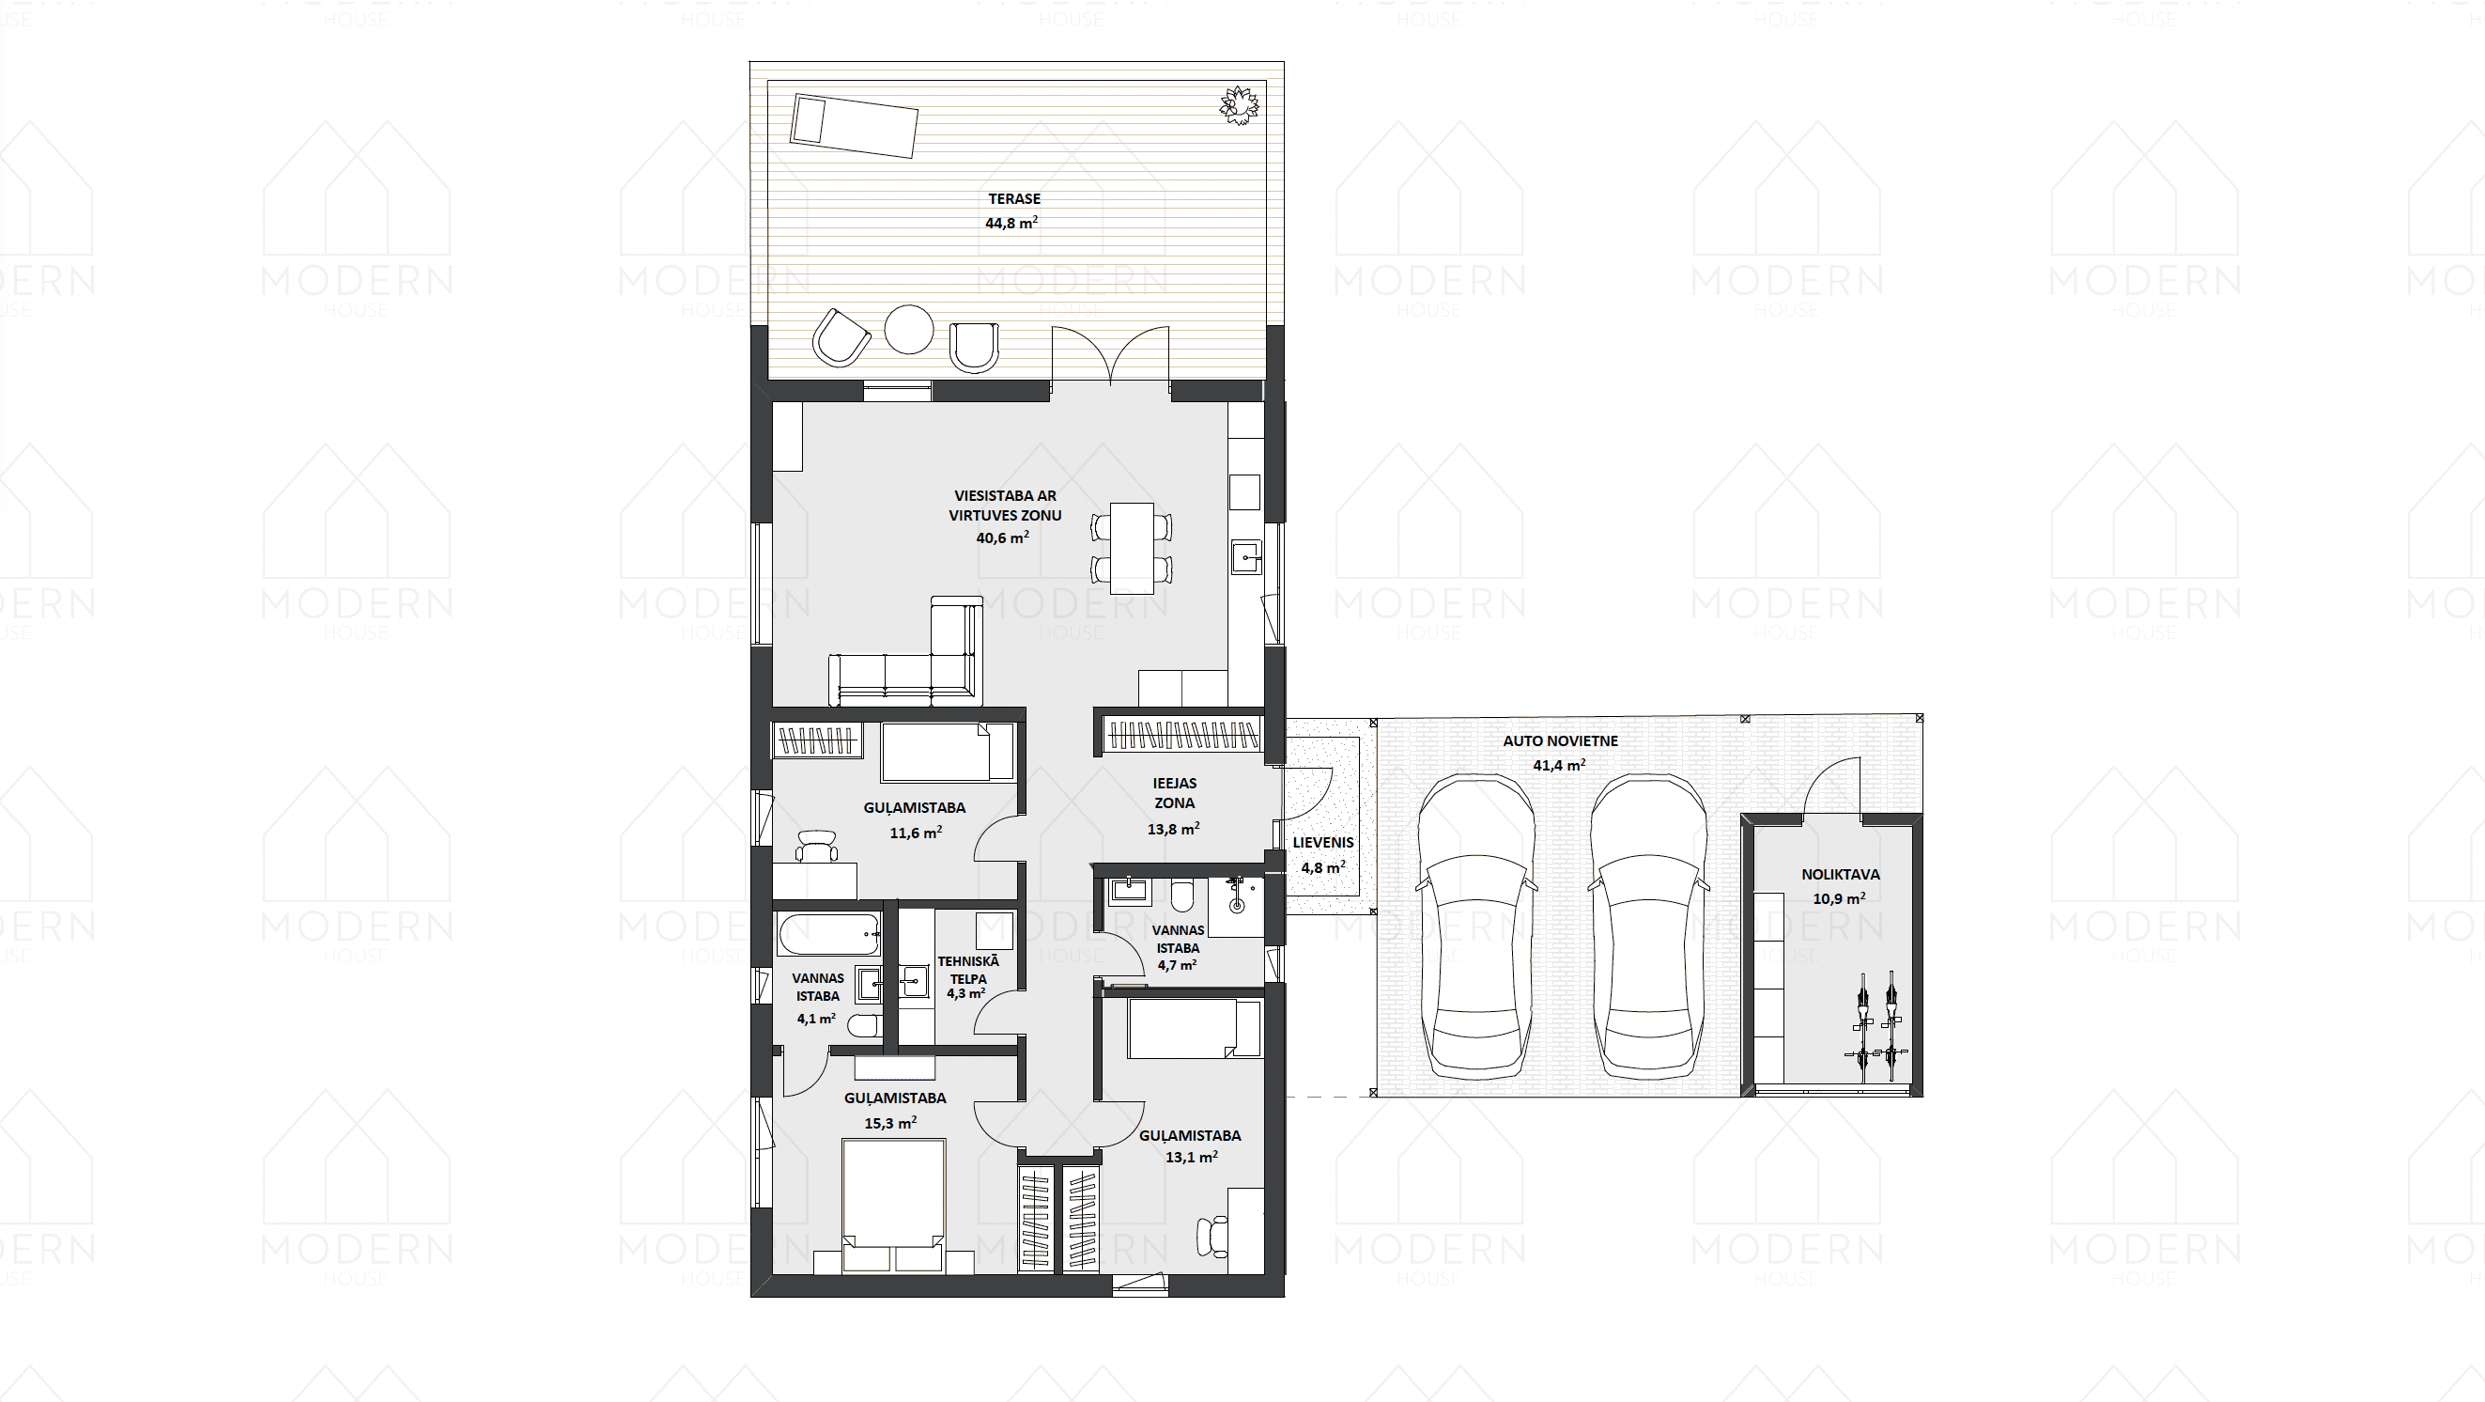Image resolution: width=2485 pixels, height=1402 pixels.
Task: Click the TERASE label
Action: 1014,199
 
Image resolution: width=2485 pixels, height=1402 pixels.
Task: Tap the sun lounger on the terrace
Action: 854,125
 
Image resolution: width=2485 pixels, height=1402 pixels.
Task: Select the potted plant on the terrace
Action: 1239,105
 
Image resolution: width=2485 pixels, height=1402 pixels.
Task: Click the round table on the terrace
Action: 909,329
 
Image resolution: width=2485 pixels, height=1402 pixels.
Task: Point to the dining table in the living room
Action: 1132,548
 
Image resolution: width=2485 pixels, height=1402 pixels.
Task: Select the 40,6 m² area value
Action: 1002,537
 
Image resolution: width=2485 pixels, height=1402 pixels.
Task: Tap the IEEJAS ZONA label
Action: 1174,793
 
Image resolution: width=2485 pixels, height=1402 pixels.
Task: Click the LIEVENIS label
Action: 1322,842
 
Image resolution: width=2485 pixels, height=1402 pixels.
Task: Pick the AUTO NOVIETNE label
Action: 1560,741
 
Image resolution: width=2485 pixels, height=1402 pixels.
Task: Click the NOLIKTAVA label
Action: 1840,874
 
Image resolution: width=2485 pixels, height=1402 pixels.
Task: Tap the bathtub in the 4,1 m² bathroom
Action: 828,934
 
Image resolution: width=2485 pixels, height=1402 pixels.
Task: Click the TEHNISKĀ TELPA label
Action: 967,970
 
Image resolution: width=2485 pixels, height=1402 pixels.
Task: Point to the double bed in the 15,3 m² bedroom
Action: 892,1207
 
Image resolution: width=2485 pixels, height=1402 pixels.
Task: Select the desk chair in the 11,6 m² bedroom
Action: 817,847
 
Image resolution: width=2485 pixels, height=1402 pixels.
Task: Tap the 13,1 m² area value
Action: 1192,1157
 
